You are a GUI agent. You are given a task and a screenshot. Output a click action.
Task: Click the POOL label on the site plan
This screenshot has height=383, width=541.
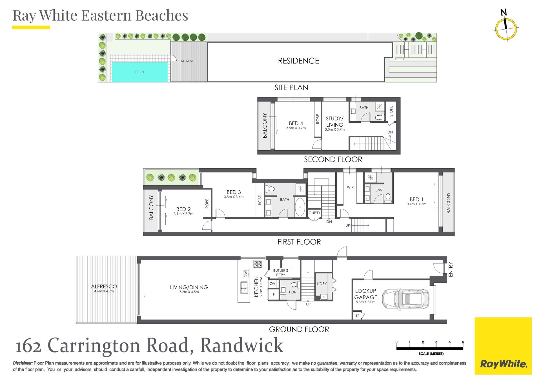[x=140, y=72]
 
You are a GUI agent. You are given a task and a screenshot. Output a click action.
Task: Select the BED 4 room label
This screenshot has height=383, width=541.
[x=296, y=123]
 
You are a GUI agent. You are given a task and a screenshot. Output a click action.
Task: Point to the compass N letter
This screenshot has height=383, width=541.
[x=504, y=12]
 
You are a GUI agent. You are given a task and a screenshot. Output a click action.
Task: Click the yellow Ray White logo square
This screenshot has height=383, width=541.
[x=503, y=346]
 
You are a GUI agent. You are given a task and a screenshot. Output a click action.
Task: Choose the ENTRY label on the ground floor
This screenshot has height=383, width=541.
[x=451, y=269]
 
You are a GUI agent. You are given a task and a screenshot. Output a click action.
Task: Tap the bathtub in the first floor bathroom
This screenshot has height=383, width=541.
[x=300, y=207]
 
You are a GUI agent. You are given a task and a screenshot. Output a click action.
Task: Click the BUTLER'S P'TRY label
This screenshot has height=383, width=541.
[x=281, y=273]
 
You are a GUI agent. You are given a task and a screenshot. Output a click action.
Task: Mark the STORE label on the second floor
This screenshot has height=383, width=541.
[x=391, y=111]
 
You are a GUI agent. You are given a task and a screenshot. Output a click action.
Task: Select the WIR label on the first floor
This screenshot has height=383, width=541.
[x=350, y=187]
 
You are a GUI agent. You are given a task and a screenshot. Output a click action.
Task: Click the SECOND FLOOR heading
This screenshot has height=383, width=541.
[x=333, y=160]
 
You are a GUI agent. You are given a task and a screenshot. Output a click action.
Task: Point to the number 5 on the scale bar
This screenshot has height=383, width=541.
[x=463, y=342]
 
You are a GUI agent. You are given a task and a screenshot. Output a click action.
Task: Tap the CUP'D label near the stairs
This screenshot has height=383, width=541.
[x=314, y=213]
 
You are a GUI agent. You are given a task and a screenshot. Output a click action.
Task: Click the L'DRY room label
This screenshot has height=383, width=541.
[x=322, y=284]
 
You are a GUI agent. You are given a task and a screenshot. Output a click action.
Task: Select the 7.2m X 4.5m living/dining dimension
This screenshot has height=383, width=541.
[x=189, y=292]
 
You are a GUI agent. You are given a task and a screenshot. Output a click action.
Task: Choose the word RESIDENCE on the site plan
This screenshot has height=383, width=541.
[x=299, y=61]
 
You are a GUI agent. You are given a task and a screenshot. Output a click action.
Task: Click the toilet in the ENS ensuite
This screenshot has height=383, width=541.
[x=388, y=198]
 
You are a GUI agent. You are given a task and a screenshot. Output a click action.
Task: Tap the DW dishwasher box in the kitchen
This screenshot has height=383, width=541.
[x=246, y=274]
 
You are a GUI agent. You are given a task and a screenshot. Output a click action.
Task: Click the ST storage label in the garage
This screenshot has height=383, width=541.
[x=357, y=316]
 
